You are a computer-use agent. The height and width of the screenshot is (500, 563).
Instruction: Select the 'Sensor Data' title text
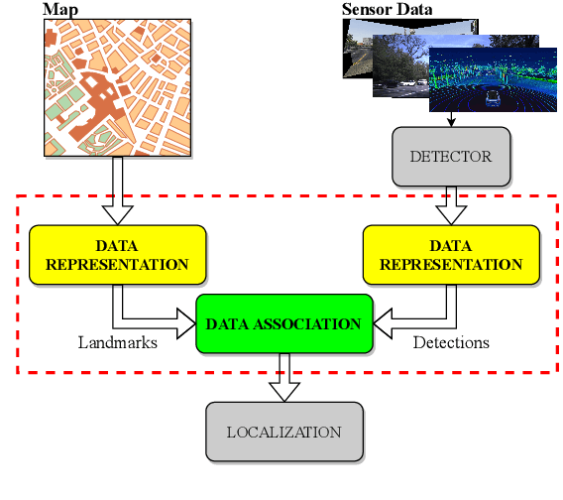tap(387, 10)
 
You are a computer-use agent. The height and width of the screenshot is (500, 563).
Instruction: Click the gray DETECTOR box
tap(450, 157)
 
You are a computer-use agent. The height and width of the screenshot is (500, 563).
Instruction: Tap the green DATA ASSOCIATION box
tap(283, 323)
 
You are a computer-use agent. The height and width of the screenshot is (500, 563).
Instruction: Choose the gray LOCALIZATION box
tap(283, 432)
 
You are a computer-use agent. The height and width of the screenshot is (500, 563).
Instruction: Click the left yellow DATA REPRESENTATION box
tap(117, 255)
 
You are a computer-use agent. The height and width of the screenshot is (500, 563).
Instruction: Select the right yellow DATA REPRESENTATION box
tap(451, 255)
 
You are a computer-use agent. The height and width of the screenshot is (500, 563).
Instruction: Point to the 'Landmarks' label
tap(118, 342)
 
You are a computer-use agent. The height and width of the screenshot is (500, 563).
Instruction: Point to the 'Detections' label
tap(451, 342)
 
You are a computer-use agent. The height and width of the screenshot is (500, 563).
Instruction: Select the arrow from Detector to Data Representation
tap(451, 204)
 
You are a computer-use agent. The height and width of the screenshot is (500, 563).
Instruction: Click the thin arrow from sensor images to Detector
tap(451, 119)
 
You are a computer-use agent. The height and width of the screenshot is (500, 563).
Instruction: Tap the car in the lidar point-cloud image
tap(491, 98)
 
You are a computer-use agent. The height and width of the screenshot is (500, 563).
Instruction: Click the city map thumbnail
tap(117, 87)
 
